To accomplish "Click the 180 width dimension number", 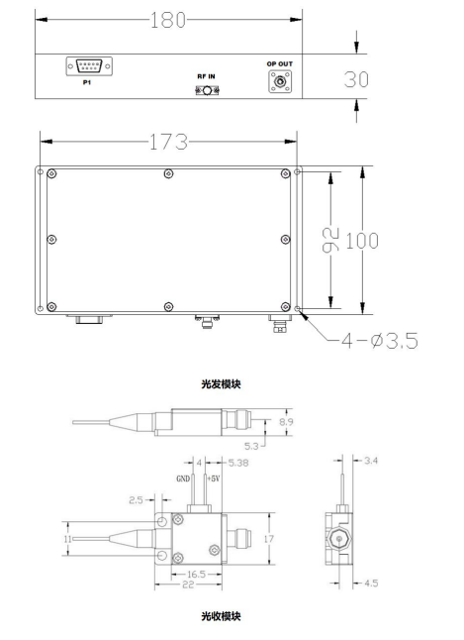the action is pos(168,20).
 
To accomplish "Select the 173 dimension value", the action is pos(168,142).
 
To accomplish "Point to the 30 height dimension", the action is pos(356,79).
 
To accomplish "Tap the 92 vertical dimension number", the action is pos(330,240).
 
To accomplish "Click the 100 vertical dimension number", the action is pos(362,241).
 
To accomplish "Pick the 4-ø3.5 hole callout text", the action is pos(380,341).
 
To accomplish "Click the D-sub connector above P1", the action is pos(89,66).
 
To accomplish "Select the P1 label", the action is pos(87,82).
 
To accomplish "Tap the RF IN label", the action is pos(207,76).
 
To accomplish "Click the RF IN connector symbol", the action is pos(207,90).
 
